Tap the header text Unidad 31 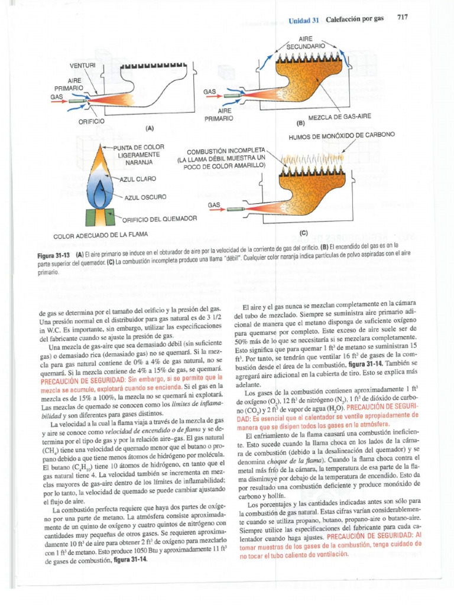click(x=303, y=19)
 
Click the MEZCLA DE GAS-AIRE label click(x=340, y=116)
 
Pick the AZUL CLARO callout click(x=138, y=178)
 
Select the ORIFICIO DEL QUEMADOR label click(x=158, y=219)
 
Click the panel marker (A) click(x=149, y=128)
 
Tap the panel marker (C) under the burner click(x=304, y=233)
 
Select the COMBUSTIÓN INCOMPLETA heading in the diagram click(x=226, y=151)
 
